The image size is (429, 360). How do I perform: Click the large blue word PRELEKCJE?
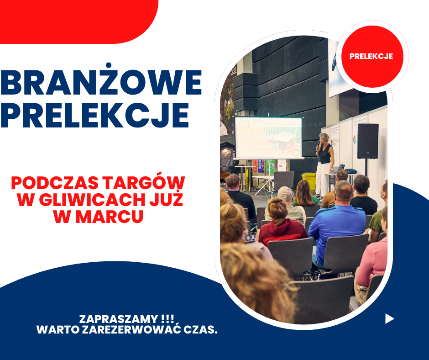pos(94,115)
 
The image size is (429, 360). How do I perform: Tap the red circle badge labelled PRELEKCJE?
pos(372,57)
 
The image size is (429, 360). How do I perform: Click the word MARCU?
pos(110,217)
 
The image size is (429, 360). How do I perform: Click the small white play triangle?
pos(389,318)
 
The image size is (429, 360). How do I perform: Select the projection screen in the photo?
pos(269,138)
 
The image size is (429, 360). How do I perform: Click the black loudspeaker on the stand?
pos(368,141)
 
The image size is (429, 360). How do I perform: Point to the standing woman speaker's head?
pos(324,138)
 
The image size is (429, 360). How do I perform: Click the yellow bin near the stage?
pos(309,180)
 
